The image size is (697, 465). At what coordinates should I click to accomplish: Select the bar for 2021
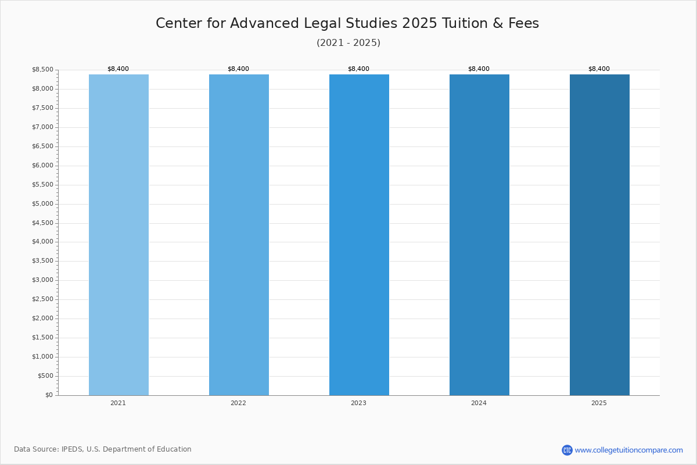(x=118, y=235)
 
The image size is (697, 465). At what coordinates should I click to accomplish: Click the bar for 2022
(x=239, y=235)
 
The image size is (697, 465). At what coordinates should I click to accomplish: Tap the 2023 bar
(x=359, y=235)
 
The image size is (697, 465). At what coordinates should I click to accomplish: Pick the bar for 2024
(x=480, y=235)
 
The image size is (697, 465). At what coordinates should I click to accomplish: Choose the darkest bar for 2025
(x=599, y=235)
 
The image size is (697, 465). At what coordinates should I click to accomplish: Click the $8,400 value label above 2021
(x=118, y=69)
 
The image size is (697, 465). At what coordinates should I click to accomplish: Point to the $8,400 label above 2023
(x=358, y=69)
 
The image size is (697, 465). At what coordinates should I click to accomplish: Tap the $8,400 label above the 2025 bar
(x=599, y=69)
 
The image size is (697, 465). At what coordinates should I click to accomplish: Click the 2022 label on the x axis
(x=238, y=403)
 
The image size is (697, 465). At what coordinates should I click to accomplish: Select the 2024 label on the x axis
(x=479, y=403)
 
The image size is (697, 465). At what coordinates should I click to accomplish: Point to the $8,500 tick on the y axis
(x=42, y=69)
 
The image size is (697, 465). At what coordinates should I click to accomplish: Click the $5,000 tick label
(x=42, y=203)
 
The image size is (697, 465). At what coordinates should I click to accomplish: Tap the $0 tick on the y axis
(x=49, y=395)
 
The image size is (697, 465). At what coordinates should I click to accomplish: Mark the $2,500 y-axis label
(x=42, y=299)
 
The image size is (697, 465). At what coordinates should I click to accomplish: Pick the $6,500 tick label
(x=42, y=146)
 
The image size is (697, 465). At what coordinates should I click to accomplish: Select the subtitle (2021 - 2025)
(x=348, y=42)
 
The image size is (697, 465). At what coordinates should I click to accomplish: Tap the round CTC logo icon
(x=567, y=450)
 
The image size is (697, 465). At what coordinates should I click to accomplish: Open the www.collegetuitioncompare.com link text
(x=629, y=450)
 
